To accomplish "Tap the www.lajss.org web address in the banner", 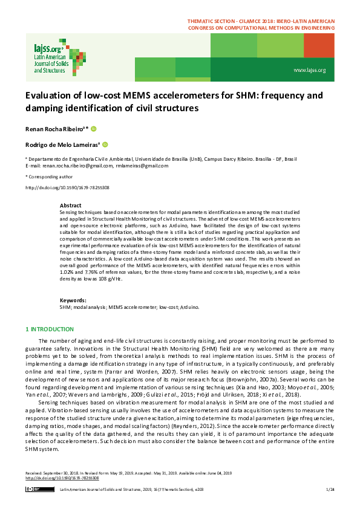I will coord(310,71).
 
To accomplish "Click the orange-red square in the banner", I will coord(319,45).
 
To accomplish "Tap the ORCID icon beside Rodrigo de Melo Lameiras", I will coord(105,144).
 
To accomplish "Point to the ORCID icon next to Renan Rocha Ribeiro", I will coord(94,129).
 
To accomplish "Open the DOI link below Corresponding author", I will coord(67,188).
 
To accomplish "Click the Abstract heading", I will coord(70,206).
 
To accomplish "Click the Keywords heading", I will coord(73,300).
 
